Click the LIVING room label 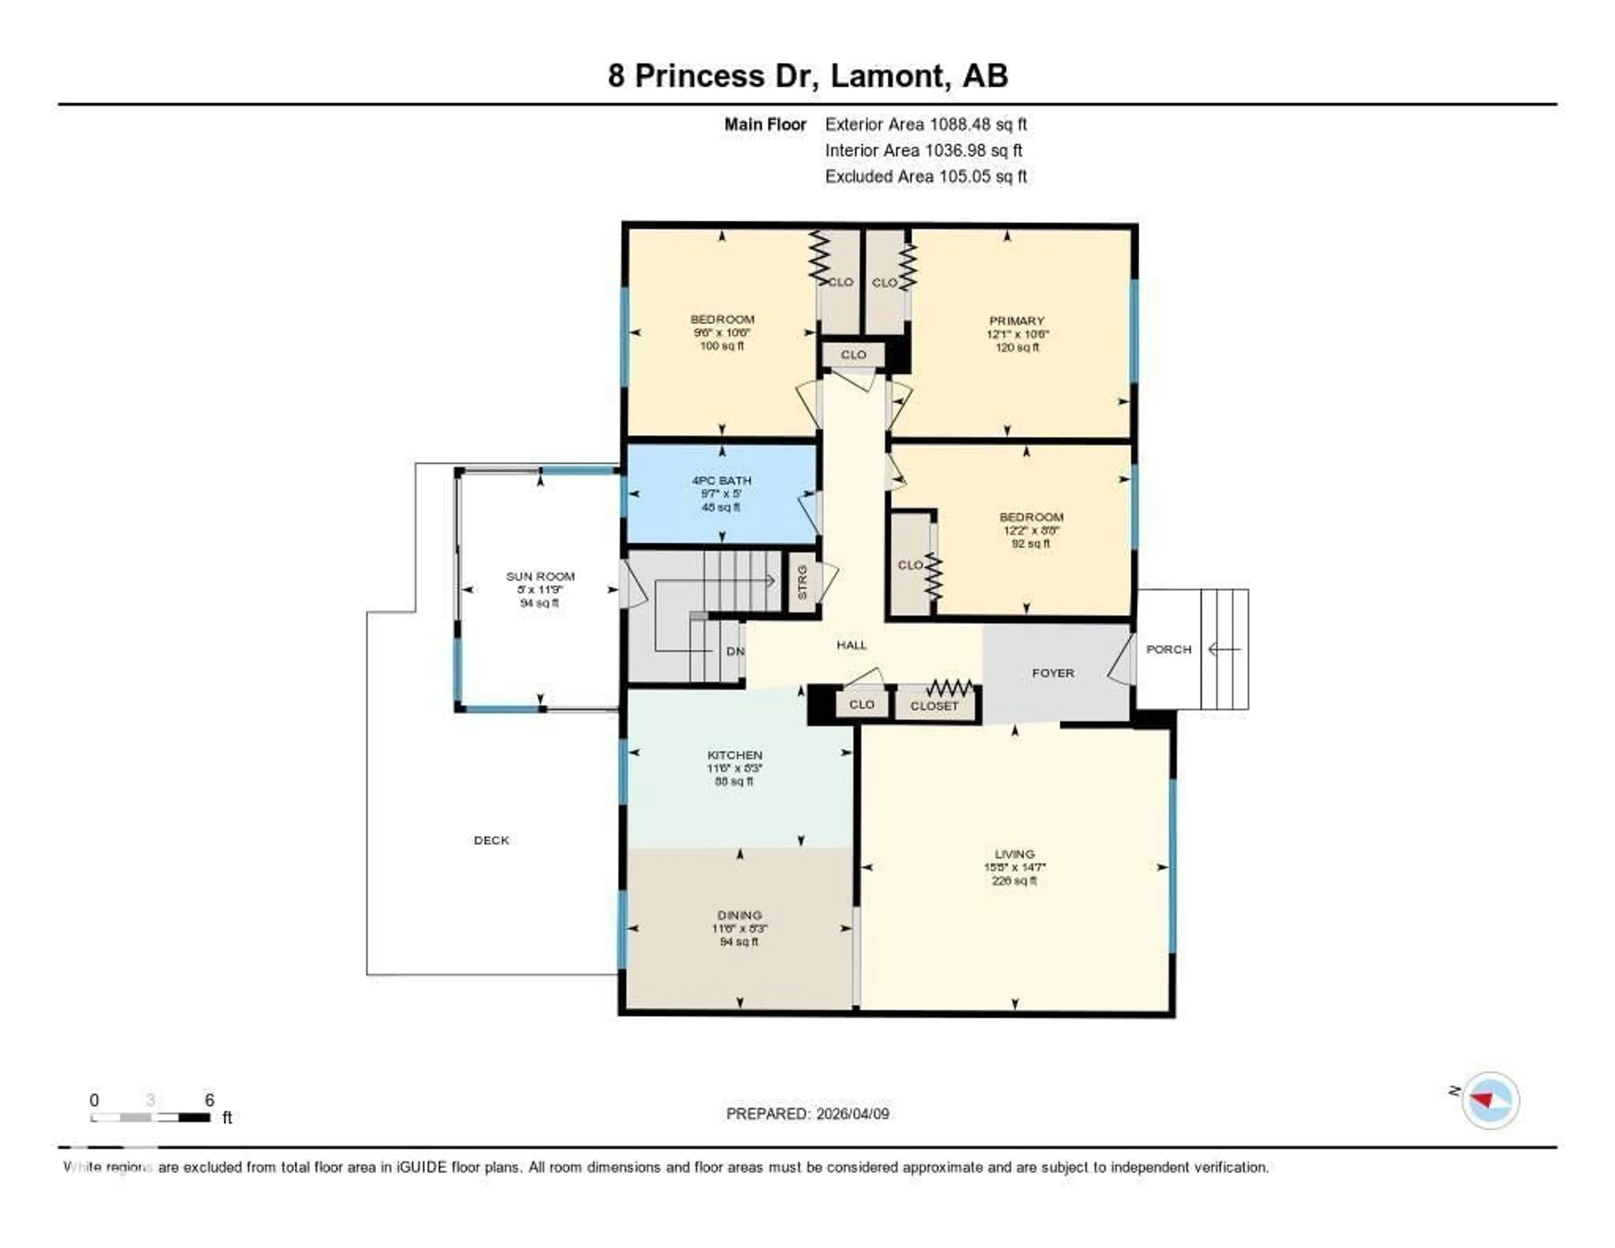[x=1014, y=854]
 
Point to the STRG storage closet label [x=802, y=582]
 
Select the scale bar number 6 [x=209, y=1100]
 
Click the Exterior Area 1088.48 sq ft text [x=926, y=124]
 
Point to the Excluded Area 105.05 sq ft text [x=926, y=176]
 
